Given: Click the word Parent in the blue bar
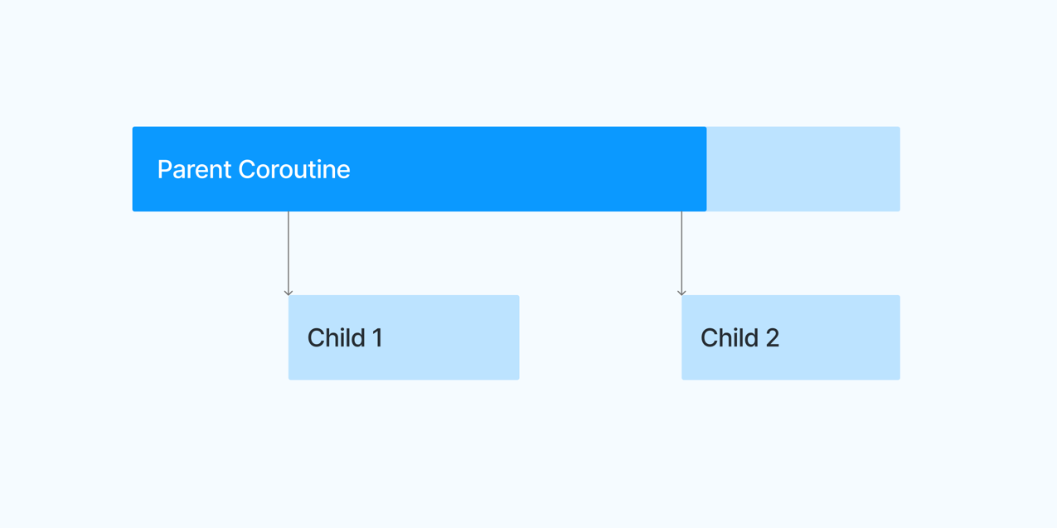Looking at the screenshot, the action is pos(194,170).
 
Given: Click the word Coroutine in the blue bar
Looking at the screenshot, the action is pos(294,169).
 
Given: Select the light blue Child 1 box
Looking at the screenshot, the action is pos(404,337).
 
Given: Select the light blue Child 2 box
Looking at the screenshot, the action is pos(791,337).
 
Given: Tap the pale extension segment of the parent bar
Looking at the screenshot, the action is pos(803,169).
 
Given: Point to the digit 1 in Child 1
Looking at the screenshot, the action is pos(377,338).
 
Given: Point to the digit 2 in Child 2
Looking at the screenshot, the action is pos(772,338).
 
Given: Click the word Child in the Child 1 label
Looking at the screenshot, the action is pos(337,338).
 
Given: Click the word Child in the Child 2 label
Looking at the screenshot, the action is pos(730,338).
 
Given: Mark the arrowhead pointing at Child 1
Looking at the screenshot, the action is pos(288,293).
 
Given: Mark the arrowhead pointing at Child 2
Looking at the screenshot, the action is pos(681,293).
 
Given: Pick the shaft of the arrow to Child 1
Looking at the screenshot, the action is pos(288,253).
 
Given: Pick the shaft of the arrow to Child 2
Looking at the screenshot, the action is pos(681,253).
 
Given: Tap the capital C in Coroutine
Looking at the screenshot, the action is pos(247,169).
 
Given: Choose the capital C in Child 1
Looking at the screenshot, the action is pos(317,338).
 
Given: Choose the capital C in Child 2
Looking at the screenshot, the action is pos(710,338).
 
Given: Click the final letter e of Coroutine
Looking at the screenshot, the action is pos(343,172).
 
